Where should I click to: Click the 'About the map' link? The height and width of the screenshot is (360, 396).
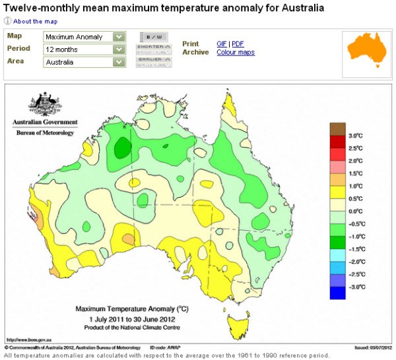34,21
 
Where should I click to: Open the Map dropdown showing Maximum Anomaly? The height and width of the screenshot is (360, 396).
84,37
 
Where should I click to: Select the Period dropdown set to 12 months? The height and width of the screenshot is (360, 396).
84,49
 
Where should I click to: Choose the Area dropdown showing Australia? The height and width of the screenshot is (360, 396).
84,62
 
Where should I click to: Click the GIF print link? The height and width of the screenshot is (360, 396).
222,44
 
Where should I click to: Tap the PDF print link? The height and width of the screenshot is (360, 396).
237,44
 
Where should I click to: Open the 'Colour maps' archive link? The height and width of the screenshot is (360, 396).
236,53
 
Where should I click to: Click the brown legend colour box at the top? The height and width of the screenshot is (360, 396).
337,129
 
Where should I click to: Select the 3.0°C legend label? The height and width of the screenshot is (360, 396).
357,135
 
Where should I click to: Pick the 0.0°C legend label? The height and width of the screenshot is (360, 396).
357,211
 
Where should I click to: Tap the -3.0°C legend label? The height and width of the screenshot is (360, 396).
356,287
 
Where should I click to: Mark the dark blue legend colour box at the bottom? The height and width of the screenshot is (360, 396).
337,293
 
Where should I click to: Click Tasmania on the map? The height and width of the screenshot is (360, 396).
233,324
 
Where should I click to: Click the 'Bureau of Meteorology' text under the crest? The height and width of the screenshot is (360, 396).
45,133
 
